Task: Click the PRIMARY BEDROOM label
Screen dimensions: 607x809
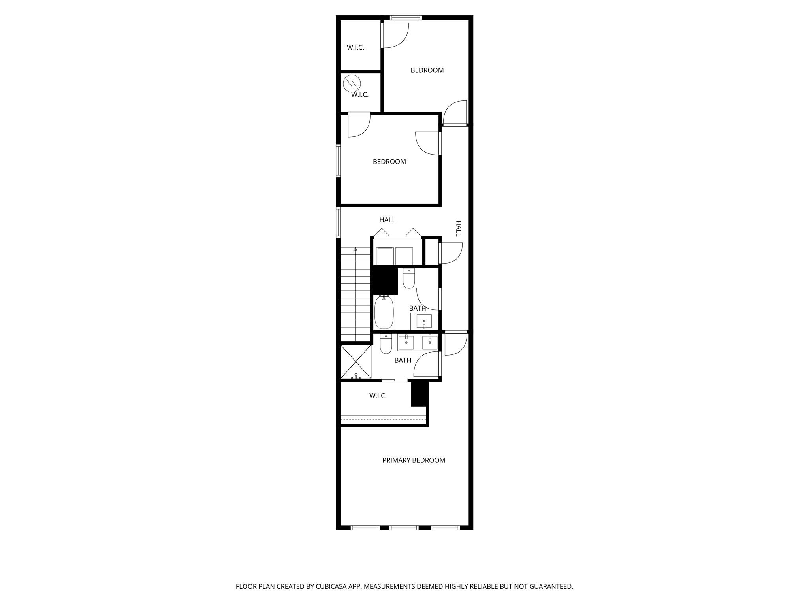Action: (x=414, y=460)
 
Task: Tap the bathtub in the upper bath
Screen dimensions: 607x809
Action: (x=384, y=313)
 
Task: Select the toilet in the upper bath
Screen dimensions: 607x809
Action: (x=408, y=279)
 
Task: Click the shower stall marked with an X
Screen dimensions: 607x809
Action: (x=356, y=361)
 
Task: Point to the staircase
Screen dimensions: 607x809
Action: (x=356, y=294)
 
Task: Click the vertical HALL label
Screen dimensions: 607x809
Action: (x=459, y=228)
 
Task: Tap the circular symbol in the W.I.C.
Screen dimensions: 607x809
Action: (x=352, y=83)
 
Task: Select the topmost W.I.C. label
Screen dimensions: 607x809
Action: (x=356, y=47)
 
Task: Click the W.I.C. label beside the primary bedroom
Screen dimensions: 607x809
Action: (x=378, y=396)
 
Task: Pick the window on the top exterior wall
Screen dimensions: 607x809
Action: (x=406, y=17)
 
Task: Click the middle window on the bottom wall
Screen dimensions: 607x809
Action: (x=404, y=527)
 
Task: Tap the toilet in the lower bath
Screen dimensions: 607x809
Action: (x=386, y=344)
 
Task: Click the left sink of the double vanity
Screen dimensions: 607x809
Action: (x=406, y=342)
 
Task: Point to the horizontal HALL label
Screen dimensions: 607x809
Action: (x=387, y=220)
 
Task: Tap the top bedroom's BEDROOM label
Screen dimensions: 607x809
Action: (x=427, y=70)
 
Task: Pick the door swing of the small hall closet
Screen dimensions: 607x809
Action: (x=452, y=253)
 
